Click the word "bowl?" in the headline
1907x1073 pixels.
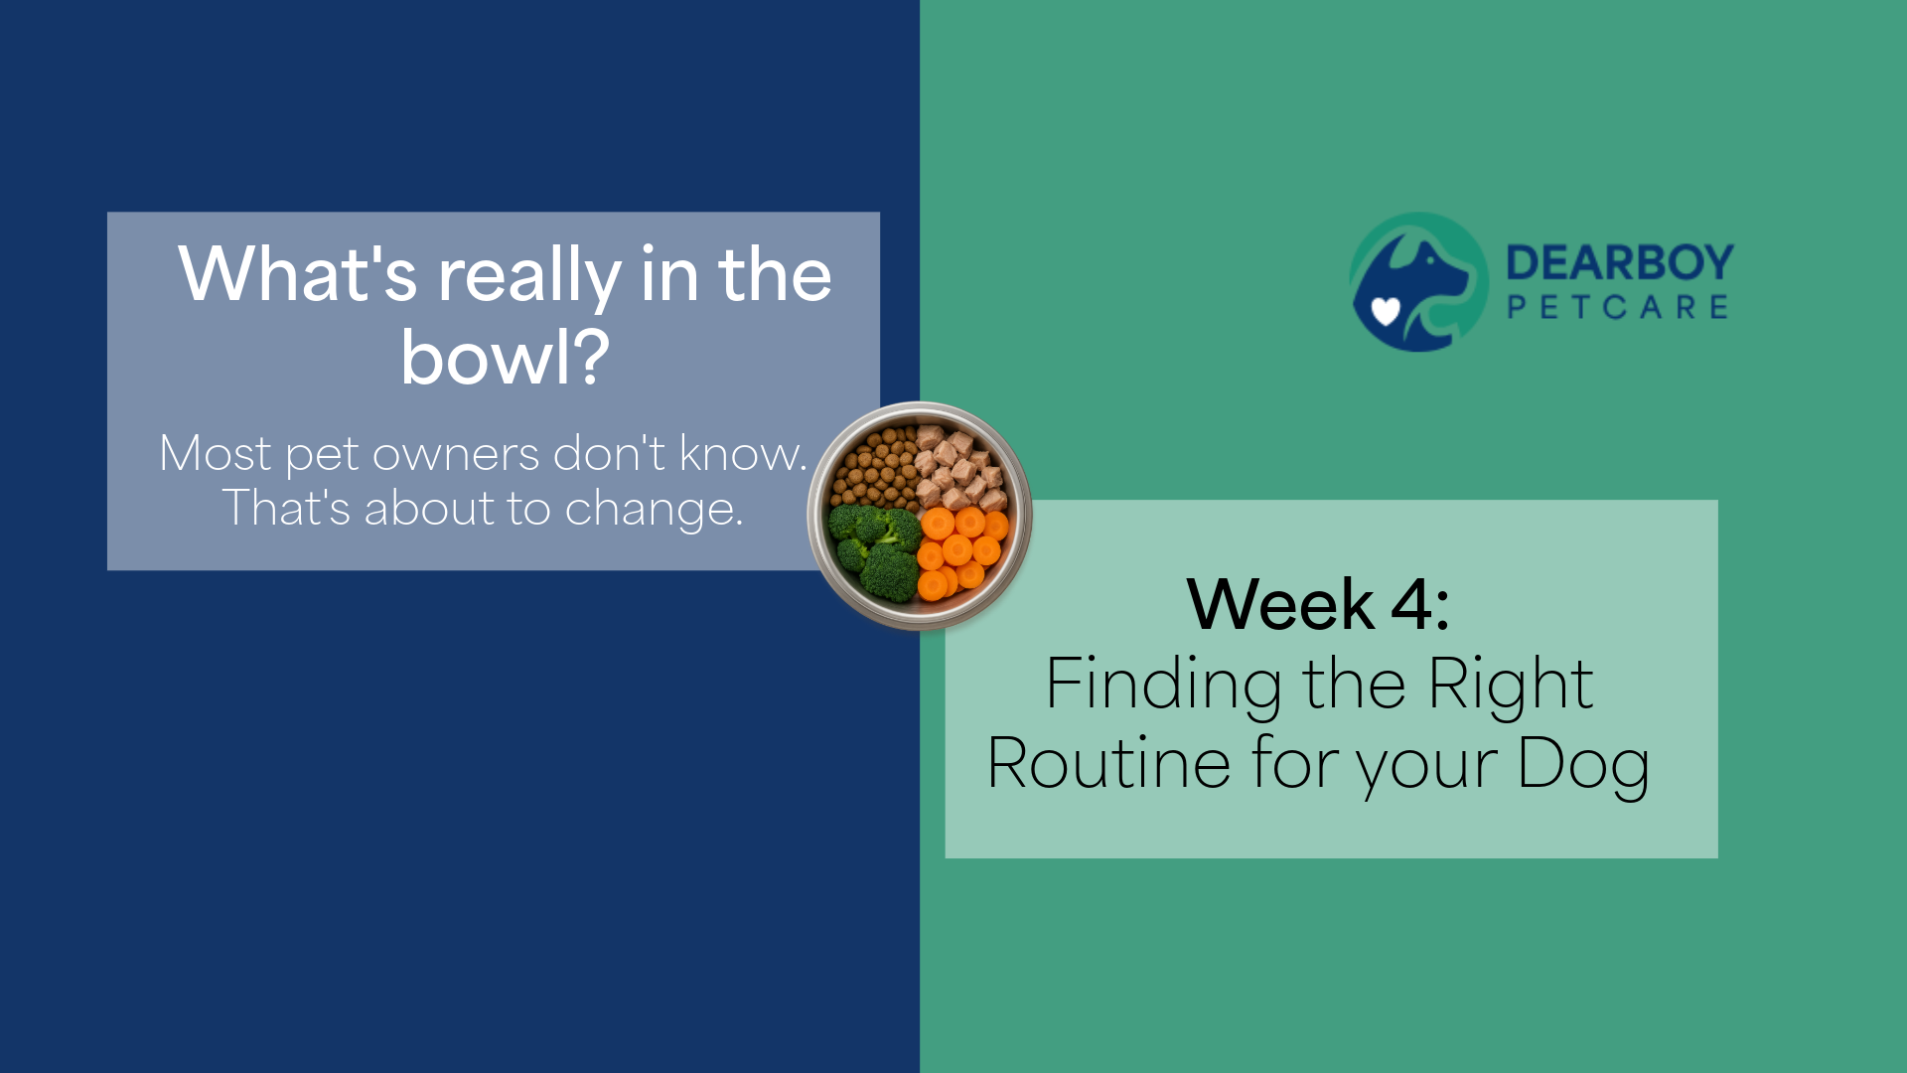(505, 358)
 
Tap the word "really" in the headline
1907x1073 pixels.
(529, 275)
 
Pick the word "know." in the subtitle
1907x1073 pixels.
(743, 453)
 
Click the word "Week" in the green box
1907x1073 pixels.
(1280, 604)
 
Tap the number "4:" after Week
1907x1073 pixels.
(1420, 604)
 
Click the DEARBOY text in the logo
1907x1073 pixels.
(1620, 263)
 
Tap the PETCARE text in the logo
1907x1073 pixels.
(1618, 307)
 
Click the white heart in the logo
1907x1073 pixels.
(1386, 312)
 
